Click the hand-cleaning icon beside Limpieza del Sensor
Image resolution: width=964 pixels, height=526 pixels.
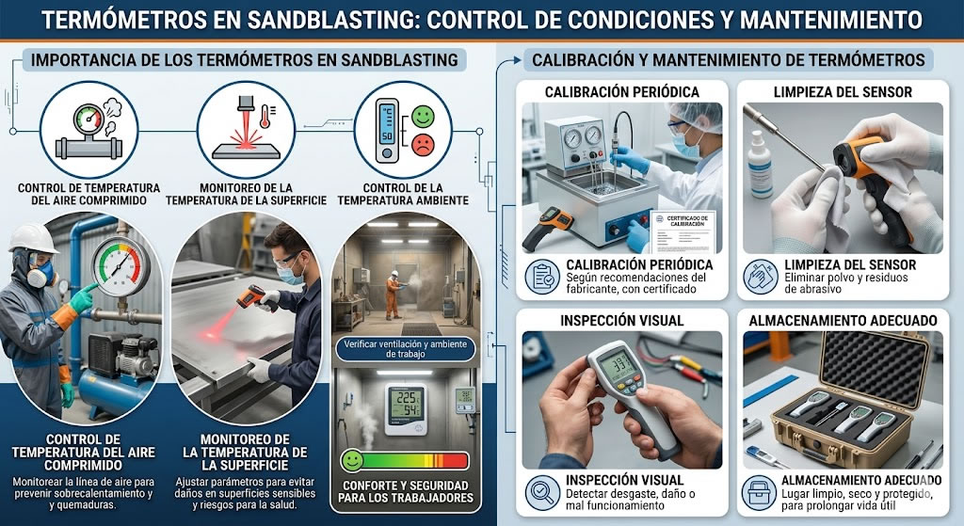coord(759,275)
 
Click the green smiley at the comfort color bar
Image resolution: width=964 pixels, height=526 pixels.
coord(352,460)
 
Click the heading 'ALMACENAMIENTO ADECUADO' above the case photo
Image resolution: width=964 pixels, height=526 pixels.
coord(843,320)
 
